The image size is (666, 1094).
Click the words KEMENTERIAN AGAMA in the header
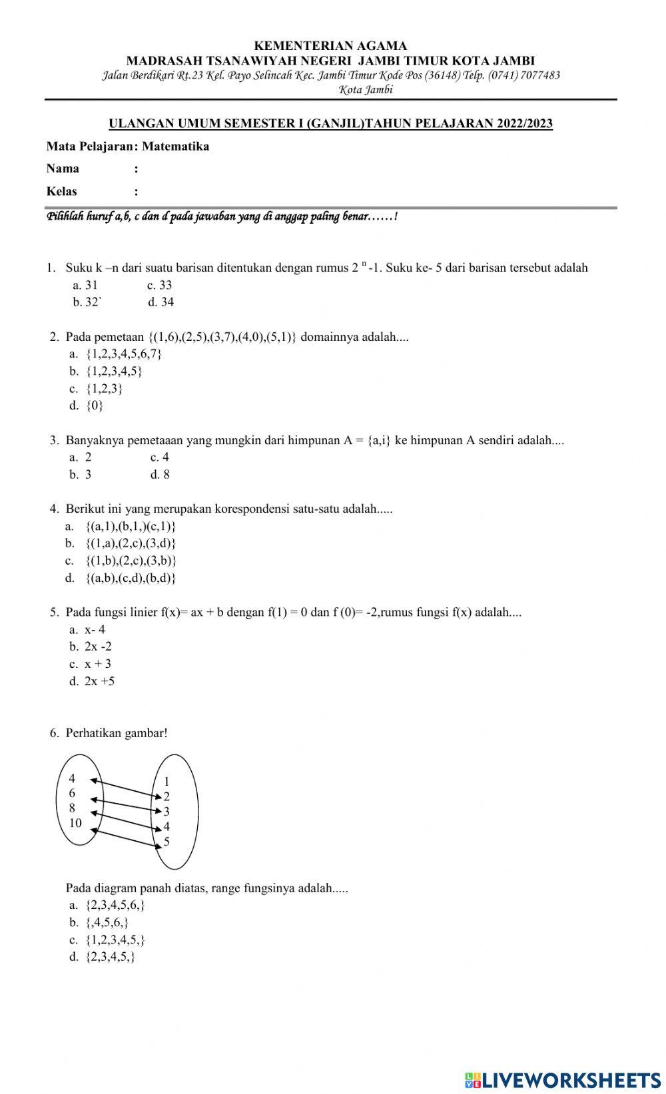330,46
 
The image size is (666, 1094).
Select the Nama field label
63,168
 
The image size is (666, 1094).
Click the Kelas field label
62,192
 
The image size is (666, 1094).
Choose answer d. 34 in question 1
161,302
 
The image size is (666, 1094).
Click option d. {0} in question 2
87,406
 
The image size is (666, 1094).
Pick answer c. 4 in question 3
160,457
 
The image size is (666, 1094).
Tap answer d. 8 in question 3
160,475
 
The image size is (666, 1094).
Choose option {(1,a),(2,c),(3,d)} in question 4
131,543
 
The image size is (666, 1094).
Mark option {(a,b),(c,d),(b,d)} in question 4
131,578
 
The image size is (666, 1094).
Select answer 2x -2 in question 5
98,647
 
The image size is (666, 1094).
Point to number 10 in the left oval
75,823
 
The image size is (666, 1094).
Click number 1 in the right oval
166,782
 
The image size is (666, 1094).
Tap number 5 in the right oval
166,842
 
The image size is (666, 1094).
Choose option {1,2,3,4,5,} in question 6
116,940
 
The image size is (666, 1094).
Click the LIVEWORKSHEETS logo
563,1079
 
